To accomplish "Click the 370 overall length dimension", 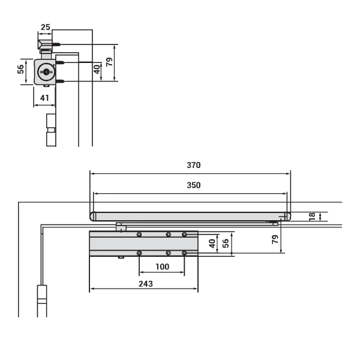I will (193, 165).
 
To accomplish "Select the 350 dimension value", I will (193, 185).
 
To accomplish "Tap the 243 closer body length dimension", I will (144, 283).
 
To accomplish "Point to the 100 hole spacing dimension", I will (162, 266).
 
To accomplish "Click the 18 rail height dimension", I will (311, 217).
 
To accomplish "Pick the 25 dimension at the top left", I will (46, 26).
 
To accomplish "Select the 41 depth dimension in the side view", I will (45, 97).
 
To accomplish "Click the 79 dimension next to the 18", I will (275, 239).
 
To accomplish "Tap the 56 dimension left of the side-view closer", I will (20, 70).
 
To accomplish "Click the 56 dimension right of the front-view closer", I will (226, 243).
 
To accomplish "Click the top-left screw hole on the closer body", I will (139, 234).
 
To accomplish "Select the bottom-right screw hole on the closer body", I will (185, 253).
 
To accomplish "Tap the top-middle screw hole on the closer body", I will (169, 234).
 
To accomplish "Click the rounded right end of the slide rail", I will (287, 217).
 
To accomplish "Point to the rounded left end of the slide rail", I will (92, 217).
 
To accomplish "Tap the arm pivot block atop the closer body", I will (121, 227).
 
